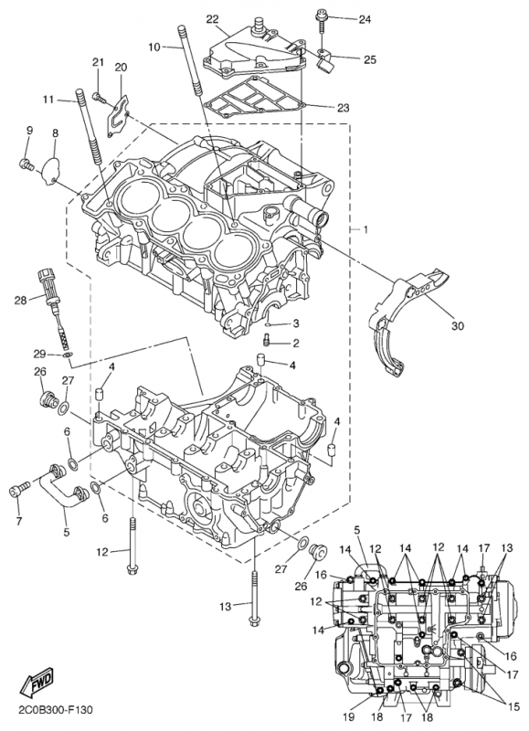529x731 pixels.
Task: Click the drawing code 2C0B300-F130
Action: [x=56, y=710]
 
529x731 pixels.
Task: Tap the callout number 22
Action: [x=213, y=19]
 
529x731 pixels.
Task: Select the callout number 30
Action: [x=458, y=326]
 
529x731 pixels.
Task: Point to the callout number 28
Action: [x=20, y=301]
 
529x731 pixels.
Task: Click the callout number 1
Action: [x=365, y=230]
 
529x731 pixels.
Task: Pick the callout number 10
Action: [x=154, y=47]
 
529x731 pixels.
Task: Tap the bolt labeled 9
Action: [x=26, y=164]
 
